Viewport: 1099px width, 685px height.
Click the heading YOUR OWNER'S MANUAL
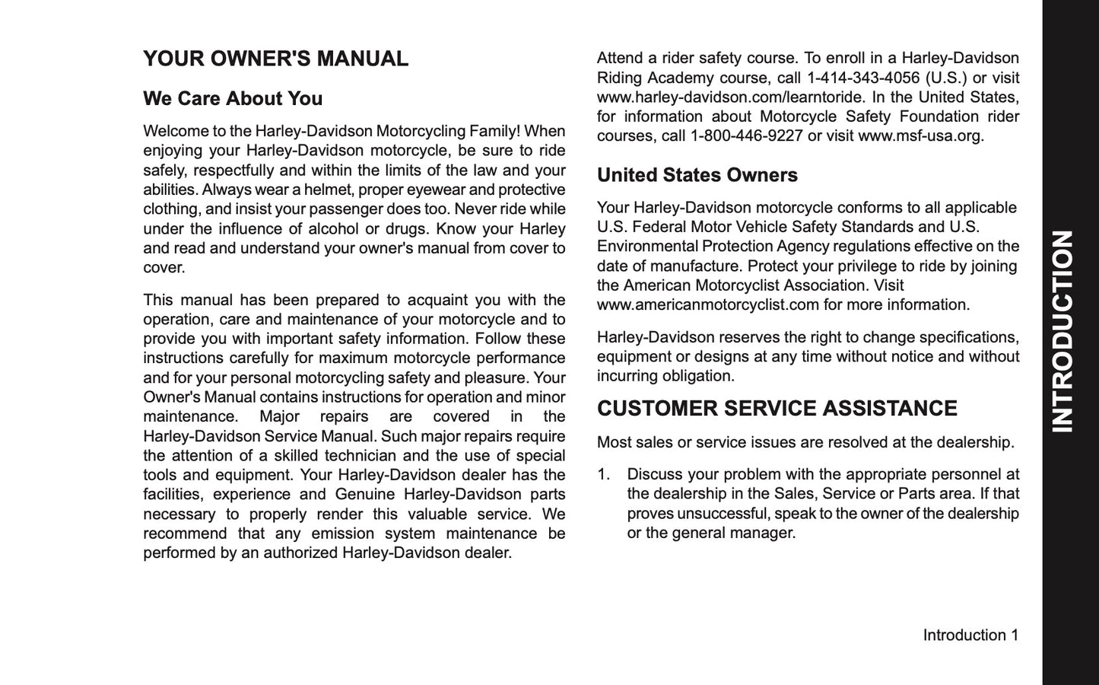coord(275,59)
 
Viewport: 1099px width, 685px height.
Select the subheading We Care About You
coord(233,99)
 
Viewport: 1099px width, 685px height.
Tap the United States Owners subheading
coord(697,175)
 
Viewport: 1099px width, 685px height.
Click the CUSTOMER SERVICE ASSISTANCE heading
coord(777,409)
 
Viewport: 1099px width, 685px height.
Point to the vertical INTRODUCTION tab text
coord(1062,331)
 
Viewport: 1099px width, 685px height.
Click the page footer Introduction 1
coord(970,635)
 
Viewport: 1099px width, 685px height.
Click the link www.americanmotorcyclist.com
coord(707,305)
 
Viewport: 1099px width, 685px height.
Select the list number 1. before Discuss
coord(604,475)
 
